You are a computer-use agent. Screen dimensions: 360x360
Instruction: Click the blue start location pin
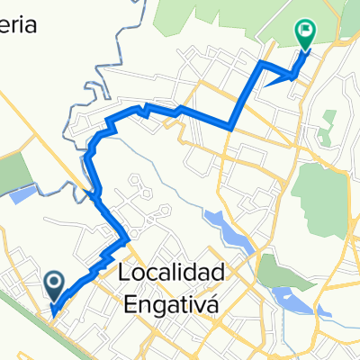[x=53, y=286]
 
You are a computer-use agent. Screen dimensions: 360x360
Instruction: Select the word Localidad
[x=170, y=272]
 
